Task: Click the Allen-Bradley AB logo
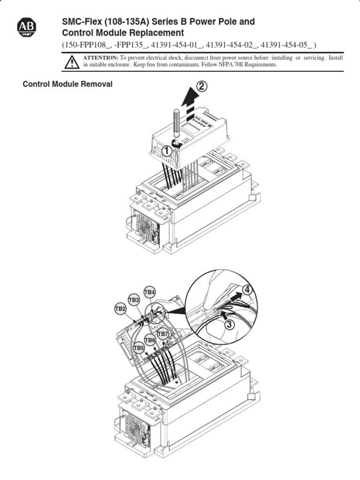tap(29, 28)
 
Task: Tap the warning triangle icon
tap(72, 62)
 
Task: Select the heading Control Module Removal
tap(68, 84)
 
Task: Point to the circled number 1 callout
tap(166, 150)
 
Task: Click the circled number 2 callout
tap(202, 87)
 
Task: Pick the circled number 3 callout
tap(229, 324)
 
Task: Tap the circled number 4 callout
tap(247, 290)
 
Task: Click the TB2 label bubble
tap(120, 309)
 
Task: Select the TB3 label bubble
tap(134, 300)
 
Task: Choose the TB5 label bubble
tap(139, 348)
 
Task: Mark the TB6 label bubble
tap(150, 340)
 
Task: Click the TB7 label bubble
tap(162, 334)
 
